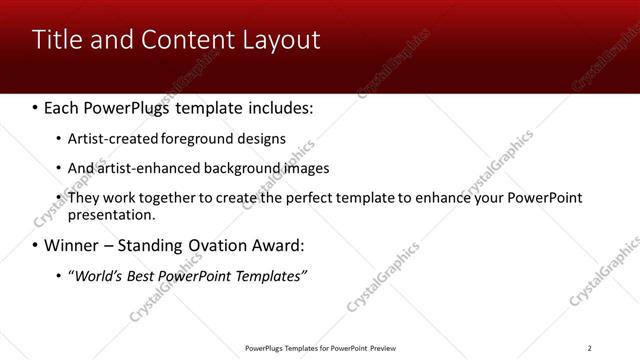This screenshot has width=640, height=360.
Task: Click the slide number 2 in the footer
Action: [589, 348]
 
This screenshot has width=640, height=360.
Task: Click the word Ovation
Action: [214, 245]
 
